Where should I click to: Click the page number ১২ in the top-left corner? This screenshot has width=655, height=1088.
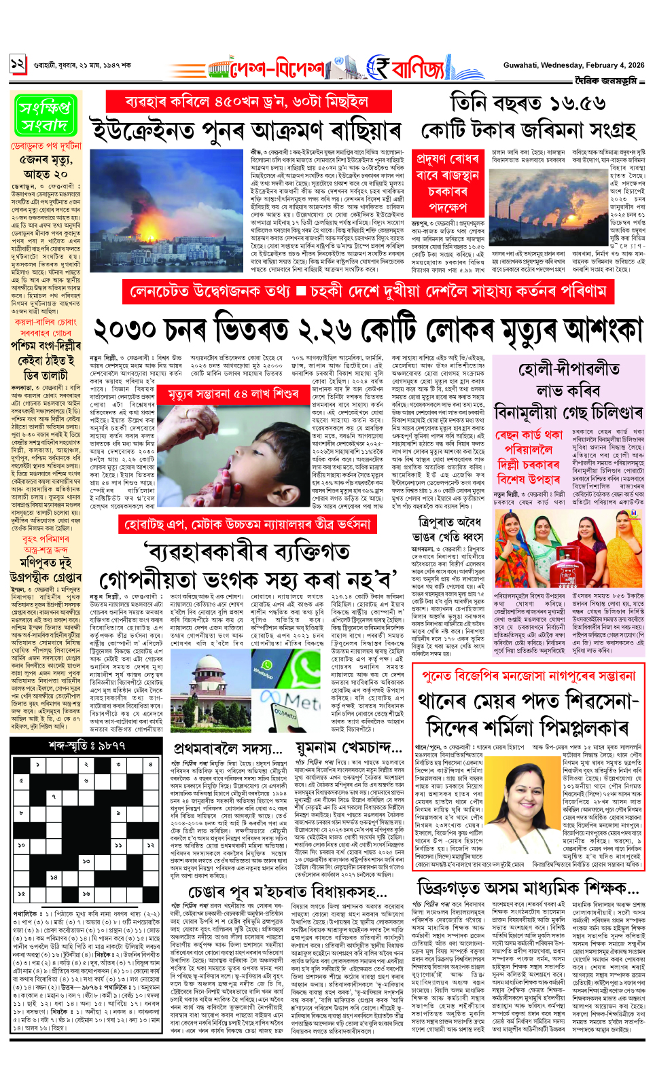[x=18, y=66]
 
